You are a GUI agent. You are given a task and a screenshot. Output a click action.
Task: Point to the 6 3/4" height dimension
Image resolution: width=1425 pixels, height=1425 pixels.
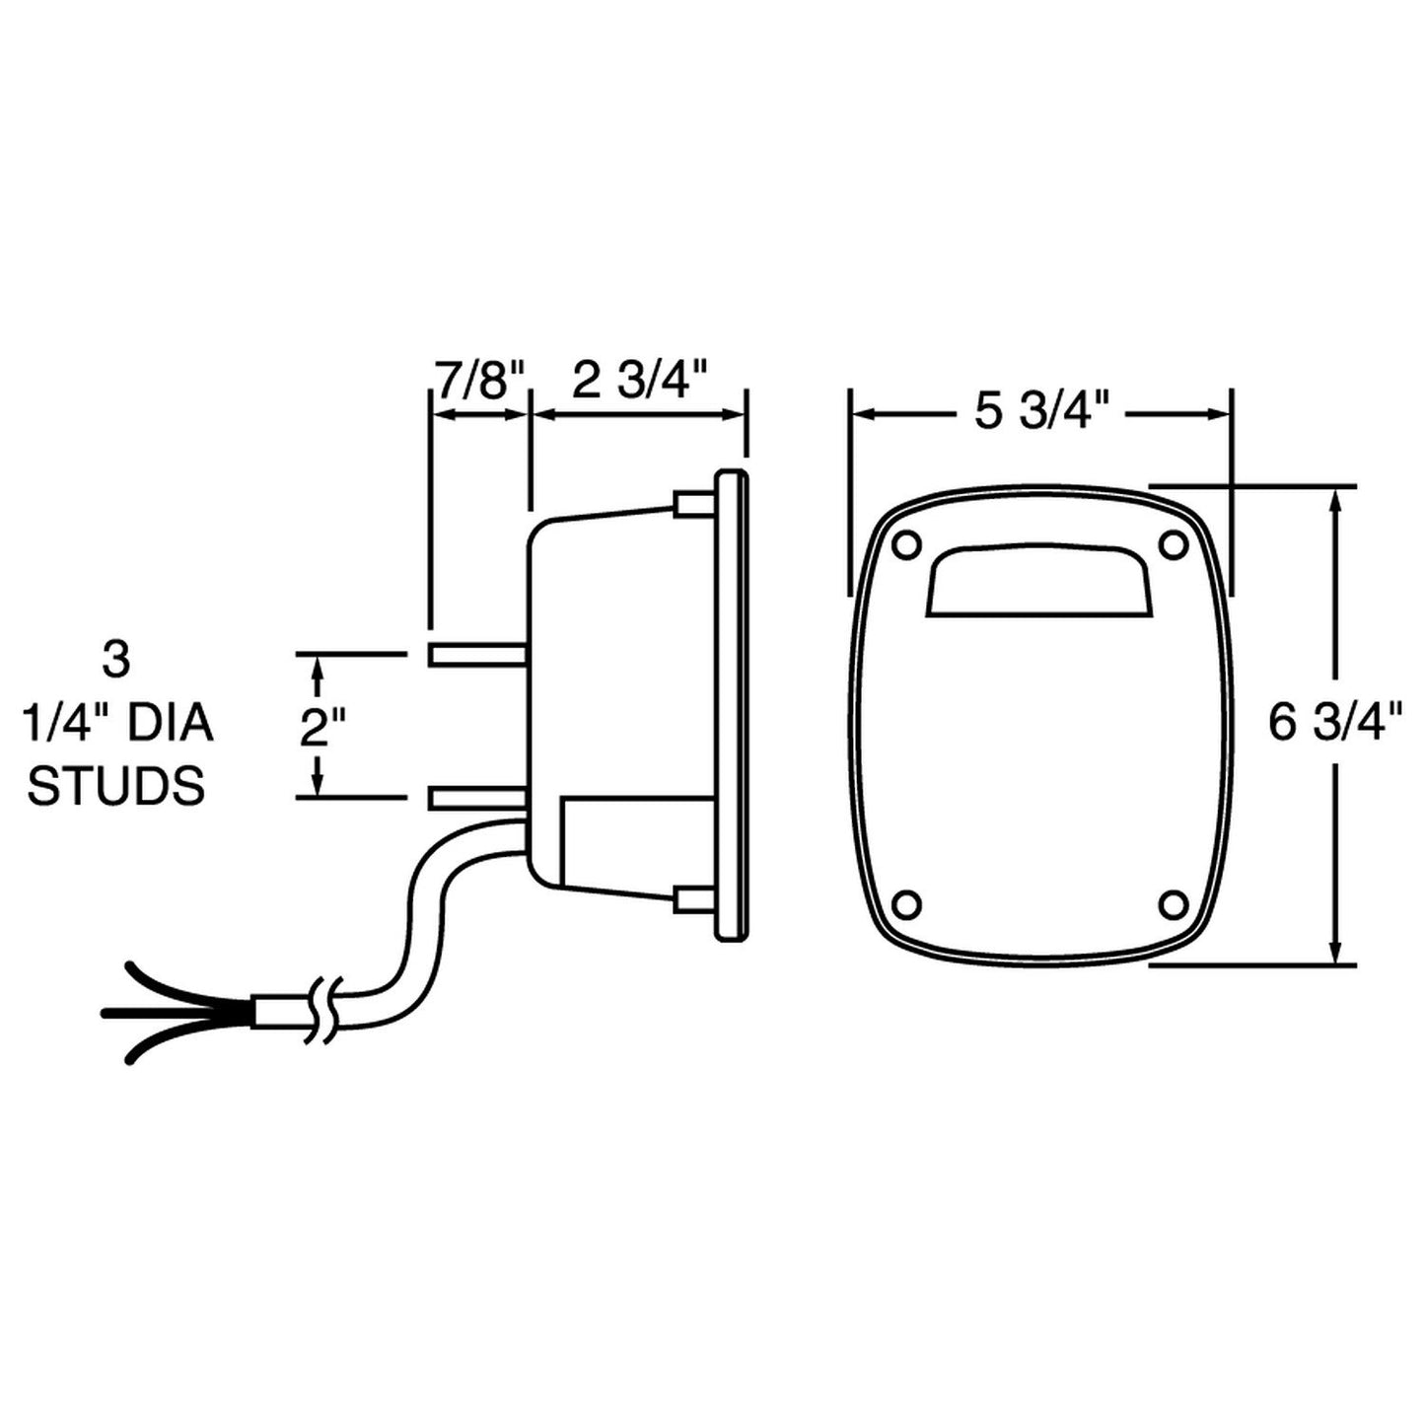pyautogui.click(x=1335, y=725)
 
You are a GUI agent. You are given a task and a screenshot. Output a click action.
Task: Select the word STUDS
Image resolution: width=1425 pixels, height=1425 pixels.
pyautogui.click(x=116, y=788)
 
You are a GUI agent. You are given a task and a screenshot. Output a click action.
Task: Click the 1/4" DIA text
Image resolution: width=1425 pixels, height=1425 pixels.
pyautogui.click(x=116, y=725)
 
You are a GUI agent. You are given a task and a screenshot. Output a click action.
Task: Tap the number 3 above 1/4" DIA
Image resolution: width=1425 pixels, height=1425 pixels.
pyautogui.click(x=115, y=661)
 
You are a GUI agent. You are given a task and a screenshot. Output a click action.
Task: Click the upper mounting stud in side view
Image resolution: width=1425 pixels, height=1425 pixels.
pyautogui.click(x=478, y=654)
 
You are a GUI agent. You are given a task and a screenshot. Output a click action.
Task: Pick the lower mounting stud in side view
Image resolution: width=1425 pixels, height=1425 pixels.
pyautogui.click(x=478, y=798)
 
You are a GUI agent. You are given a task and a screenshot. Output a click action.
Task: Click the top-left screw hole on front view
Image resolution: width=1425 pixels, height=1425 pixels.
pyautogui.click(x=905, y=543)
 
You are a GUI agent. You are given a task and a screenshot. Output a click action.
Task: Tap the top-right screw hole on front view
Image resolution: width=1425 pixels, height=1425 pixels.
pyautogui.click(x=1174, y=543)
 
